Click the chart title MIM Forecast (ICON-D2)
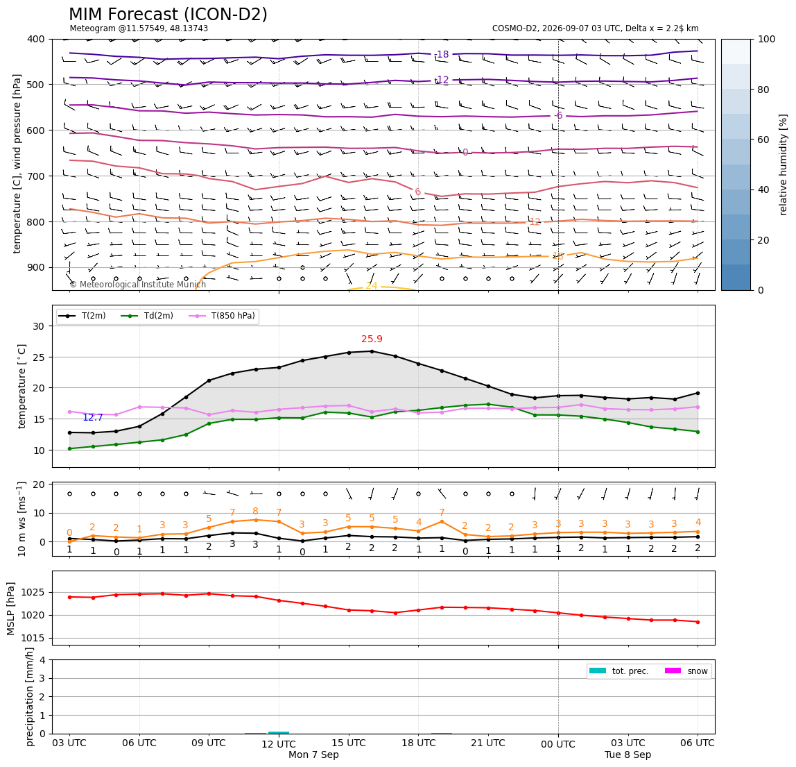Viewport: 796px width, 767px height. (168, 15)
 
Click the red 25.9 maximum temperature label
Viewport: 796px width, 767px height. (372, 339)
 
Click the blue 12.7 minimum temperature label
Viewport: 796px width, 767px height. (93, 417)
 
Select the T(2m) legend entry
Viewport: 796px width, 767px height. (83, 316)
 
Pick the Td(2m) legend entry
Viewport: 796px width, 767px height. (147, 316)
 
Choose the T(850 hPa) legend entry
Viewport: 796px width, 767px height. (223, 316)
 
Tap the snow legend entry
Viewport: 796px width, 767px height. (686, 671)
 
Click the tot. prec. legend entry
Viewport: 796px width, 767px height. (618, 671)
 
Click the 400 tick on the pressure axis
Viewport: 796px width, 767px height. (37, 39)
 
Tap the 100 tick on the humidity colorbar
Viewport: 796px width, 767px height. (767, 39)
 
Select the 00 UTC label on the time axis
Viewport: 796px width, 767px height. (558, 744)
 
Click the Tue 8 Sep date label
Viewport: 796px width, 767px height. (628, 755)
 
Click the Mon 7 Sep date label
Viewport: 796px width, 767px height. (313, 755)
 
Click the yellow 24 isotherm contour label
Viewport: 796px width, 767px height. (372, 286)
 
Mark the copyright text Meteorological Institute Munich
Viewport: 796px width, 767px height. (137, 284)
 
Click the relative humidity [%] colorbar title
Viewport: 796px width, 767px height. (784, 165)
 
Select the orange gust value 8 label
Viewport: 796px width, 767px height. (255, 511)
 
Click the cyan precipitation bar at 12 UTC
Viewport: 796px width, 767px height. (279, 733)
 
